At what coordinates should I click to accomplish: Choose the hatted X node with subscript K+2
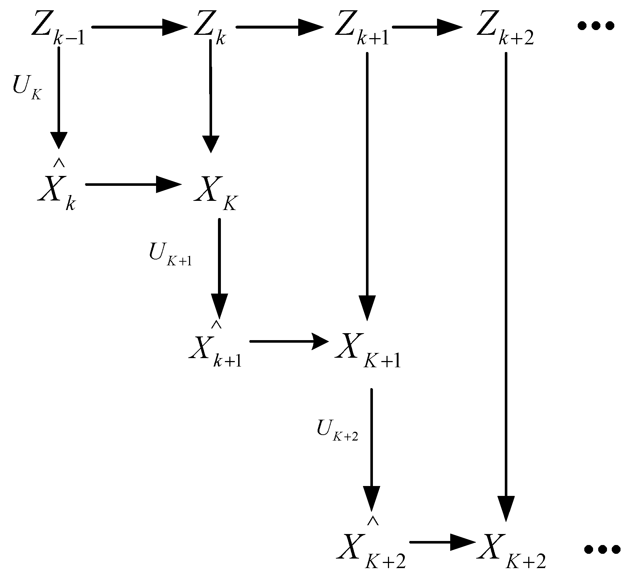[x=370, y=552]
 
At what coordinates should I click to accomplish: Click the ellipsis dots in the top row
[x=595, y=26]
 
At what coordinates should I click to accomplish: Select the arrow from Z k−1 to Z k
[x=139, y=27]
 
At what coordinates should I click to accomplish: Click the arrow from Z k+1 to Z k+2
[x=427, y=27]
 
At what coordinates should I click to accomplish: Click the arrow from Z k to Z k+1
[x=280, y=27]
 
